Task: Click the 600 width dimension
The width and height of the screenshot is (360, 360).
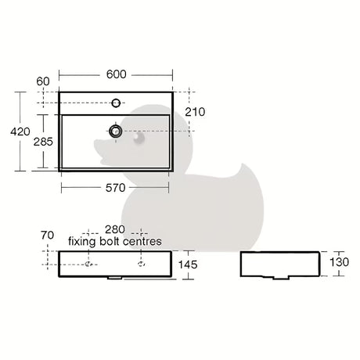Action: [117, 74]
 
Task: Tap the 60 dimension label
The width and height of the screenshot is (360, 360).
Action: [43, 81]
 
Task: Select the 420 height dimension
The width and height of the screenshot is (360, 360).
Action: [20, 131]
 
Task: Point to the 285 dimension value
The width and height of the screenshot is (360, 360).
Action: [43, 142]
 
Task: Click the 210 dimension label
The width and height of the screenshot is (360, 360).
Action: [195, 112]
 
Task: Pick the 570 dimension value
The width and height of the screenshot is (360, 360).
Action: [115, 188]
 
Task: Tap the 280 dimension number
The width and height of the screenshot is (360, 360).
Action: [115, 229]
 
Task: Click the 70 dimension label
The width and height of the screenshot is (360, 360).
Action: [47, 235]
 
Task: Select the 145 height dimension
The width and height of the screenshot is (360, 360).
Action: [188, 265]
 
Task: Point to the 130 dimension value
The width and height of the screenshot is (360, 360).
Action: [339, 262]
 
